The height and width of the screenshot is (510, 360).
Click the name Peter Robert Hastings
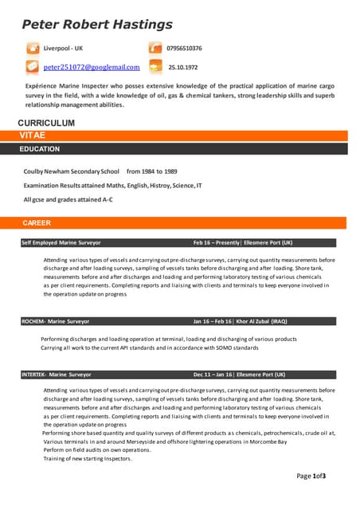[x=97, y=25]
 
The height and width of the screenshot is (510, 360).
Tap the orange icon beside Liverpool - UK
[x=33, y=49]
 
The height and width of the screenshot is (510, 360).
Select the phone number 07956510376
[x=185, y=49]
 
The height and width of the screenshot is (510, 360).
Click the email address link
[x=92, y=68]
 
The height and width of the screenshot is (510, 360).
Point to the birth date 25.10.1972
[x=183, y=68]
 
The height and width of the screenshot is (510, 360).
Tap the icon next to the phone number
[x=155, y=49]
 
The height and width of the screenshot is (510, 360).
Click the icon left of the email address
[x=33, y=67]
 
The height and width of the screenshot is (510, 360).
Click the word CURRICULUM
[x=46, y=124]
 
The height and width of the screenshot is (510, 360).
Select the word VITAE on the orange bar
[x=33, y=136]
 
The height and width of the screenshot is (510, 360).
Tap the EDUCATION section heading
[x=40, y=149]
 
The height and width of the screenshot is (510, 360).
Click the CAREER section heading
[x=37, y=223]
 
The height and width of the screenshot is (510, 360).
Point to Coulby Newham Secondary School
[x=72, y=171]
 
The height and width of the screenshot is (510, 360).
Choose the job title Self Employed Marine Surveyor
[x=61, y=242]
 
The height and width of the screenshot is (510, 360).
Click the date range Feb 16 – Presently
[x=217, y=242]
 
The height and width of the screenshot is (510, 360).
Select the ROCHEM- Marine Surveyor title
[x=56, y=321]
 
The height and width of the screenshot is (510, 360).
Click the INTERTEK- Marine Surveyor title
[x=57, y=374]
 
